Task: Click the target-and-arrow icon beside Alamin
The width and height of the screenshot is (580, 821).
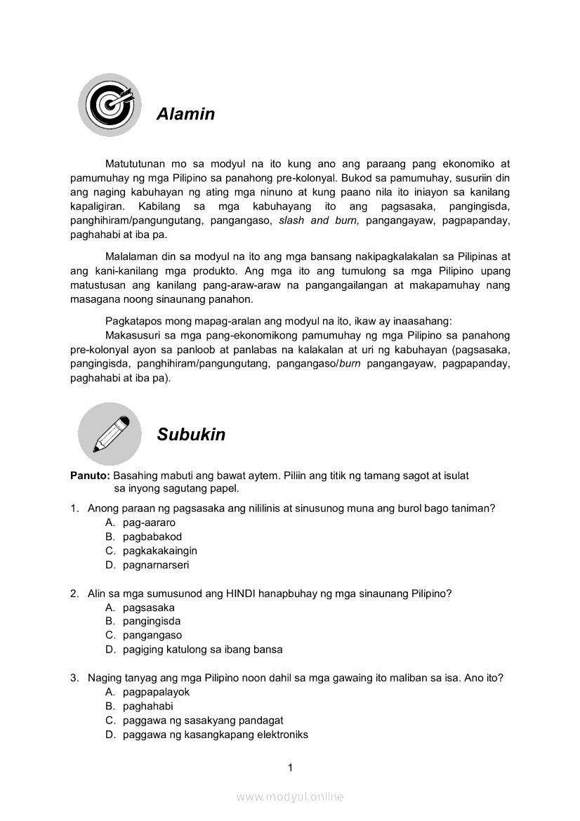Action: tap(109, 105)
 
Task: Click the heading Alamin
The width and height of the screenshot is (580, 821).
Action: tap(185, 114)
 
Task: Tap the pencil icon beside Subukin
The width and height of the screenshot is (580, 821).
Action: tap(109, 433)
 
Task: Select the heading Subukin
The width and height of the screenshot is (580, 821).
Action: tap(191, 435)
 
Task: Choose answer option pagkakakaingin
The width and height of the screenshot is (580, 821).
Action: tap(159, 551)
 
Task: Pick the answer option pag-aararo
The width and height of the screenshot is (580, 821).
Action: tap(149, 523)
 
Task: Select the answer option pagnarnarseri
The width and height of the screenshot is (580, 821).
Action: tap(156, 565)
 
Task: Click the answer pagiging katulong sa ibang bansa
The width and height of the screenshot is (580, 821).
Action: tap(202, 650)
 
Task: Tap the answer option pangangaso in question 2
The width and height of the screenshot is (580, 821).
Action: tap(152, 636)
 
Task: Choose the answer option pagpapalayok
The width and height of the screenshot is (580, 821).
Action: tap(156, 692)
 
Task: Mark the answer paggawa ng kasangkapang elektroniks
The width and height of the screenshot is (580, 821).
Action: tap(215, 735)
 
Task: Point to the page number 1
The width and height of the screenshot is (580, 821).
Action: tap(290, 768)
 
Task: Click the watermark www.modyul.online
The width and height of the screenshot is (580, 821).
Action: tap(290, 796)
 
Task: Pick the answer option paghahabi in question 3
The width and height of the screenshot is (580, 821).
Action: tap(147, 706)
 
